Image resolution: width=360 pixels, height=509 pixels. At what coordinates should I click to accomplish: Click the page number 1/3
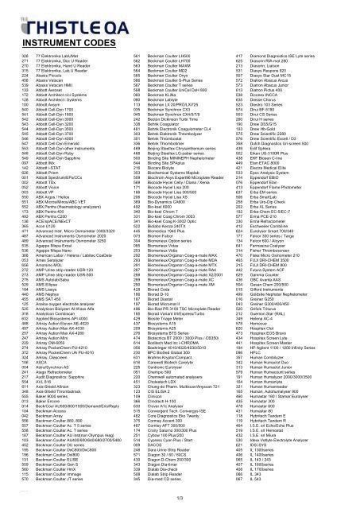[x=180, y=499]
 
